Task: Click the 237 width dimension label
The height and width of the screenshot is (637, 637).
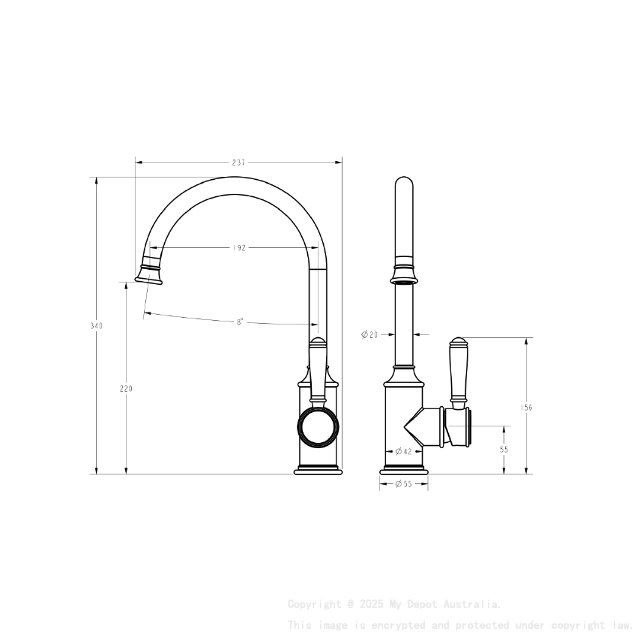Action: (x=238, y=162)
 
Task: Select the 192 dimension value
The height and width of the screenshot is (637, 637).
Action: (x=239, y=248)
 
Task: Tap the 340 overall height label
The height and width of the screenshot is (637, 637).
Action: (x=96, y=326)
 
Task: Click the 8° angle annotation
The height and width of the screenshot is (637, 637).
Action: (x=240, y=321)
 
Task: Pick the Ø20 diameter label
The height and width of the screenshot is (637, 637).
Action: (x=369, y=335)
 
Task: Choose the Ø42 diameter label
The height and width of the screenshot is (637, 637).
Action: (x=403, y=451)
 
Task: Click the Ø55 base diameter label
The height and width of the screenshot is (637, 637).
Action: (x=403, y=484)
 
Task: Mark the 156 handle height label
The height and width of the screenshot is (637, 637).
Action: (x=526, y=408)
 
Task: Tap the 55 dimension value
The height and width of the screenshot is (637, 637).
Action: (x=504, y=450)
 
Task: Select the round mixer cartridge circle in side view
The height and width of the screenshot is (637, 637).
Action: (x=318, y=428)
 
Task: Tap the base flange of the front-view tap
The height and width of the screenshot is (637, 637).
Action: (x=404, y=471)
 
